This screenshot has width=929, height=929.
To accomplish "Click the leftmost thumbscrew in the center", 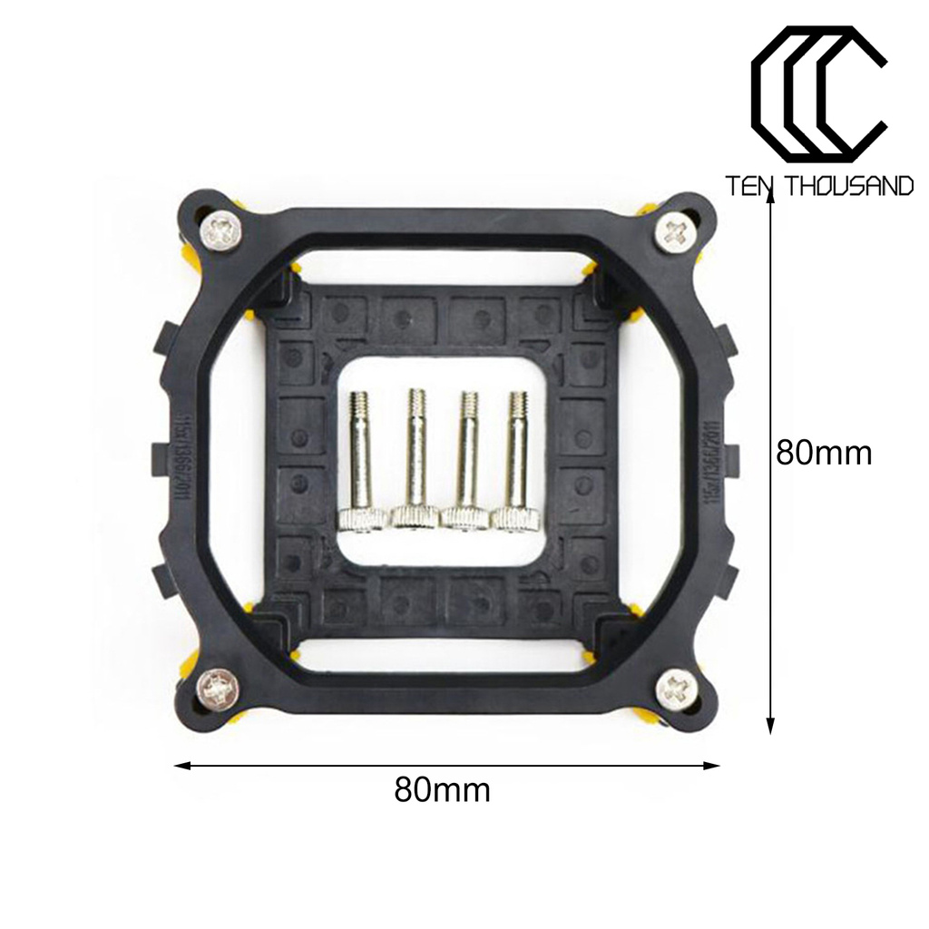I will [x=362, y=463].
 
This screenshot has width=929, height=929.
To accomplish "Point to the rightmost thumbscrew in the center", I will [x=517, y=463].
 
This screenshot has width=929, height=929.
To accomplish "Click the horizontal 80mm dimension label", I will [x=442, y=790].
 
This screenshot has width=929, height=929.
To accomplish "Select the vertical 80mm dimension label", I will [x=824, y=452].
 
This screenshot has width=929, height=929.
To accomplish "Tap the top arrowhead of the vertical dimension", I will [x=770, y=201].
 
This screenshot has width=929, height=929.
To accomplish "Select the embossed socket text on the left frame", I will [x=181, y=454].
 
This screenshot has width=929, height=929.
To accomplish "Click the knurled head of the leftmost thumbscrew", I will [x=362, y=519].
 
